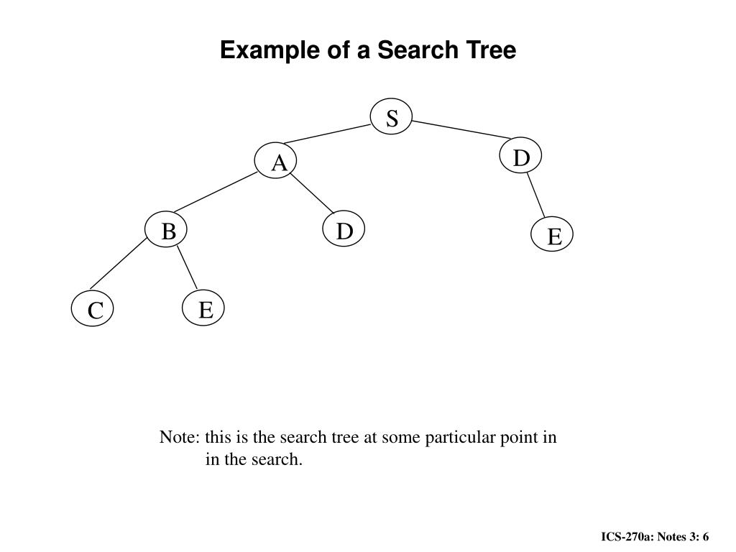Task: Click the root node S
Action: [x=392, y=118]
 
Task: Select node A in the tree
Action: [x=279, y=164]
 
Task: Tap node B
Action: [x=167, y=231]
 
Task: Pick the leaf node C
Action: [x=95, y=311]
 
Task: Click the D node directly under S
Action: [x=520, y=157]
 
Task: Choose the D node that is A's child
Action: [x=345, y=231]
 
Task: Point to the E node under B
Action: [x=206, y=310]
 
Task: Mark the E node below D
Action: [x=553, y=236]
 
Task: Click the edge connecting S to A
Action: [x=327, y=134]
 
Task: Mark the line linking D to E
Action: [x=537, y=194]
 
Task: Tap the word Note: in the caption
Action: [x=179, y=437]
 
